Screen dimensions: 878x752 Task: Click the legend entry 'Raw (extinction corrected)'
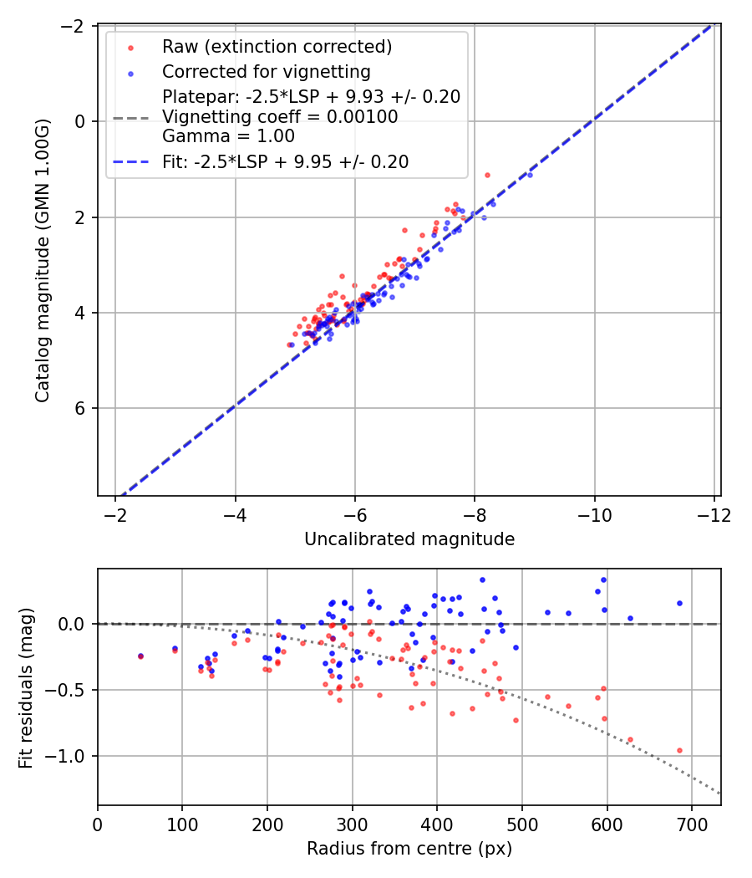pos(277,46)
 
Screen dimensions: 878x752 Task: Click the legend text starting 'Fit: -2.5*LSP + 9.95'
pos(286,162)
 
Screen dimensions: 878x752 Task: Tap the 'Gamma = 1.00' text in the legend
pos(228,135)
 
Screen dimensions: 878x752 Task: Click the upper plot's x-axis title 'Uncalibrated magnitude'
pos(409,539)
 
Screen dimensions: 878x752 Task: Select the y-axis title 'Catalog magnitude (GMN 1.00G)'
pos(42,260)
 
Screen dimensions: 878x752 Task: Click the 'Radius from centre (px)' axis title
pos(409,849)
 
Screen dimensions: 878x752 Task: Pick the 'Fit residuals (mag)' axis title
pos(26,687)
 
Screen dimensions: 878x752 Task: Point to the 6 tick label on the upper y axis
pos(80,408)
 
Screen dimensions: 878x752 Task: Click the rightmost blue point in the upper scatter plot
pos(530,175)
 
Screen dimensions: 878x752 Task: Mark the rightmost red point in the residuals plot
pos(679,751)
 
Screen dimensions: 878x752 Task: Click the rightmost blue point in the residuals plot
pos(679,603)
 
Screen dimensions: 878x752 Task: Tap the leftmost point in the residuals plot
pos(140,656)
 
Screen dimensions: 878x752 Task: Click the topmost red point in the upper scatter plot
pos(487,175)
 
